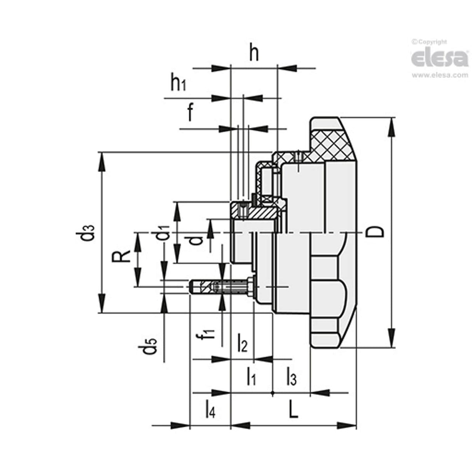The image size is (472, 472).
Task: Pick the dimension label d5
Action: coord(150,346)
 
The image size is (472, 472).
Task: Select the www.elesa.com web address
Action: coord(440,75)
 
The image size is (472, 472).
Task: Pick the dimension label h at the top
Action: coord(253,54)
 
